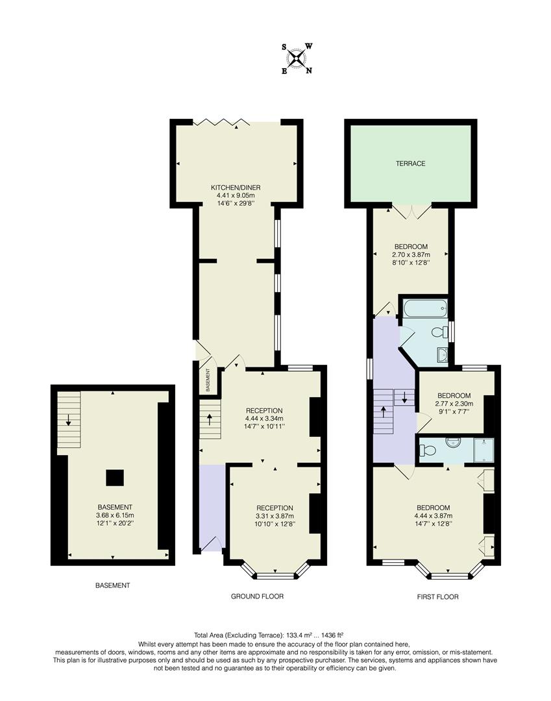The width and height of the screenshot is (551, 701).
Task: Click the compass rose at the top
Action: pyautogui.click(x=297, y=58)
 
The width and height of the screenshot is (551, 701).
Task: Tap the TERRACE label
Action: pyautogui.click(x=411, y=164)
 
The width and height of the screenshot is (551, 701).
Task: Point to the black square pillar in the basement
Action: pyautogui.click(x=115, y=478)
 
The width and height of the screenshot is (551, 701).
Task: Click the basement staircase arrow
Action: pyautogui.click(x=68, y=419)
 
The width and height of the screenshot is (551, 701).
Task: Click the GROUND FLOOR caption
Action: pyautogui.click(x=258, y=596)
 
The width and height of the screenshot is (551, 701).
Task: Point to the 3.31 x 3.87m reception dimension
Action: pyautogui.click(x=275, y=515)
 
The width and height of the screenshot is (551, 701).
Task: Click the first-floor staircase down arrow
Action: pyautogui.click(x=404, y=398)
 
